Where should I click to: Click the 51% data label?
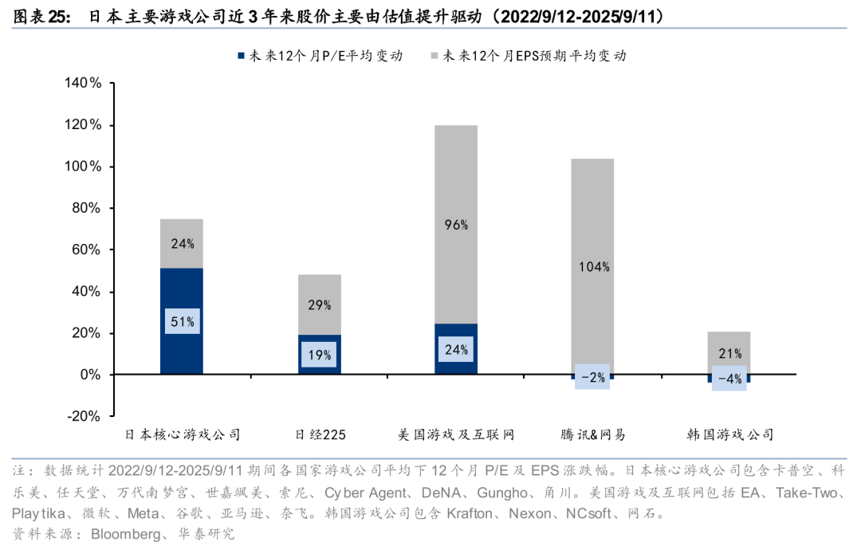click(x=182, y=322)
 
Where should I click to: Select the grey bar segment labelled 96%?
click(x=456, y=183)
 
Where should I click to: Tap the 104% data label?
click(x=593, y=267)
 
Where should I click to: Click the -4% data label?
click(x=729, y=379)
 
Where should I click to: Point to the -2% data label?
click(x=592, y=378)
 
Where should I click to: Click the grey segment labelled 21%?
click(x=729, y=343)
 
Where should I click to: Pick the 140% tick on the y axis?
click(x=84, y=84)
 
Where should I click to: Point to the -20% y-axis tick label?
click(x=84, y=416)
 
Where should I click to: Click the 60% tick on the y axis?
click(x=86, y=249)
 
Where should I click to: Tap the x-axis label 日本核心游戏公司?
click(x=183, y=435)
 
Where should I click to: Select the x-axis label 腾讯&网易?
click(x=592, y=435)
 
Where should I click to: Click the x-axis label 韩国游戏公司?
click(x=729, y=435)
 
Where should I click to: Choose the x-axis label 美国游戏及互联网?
click(x=456, y=435)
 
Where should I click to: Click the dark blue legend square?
click(x=240, y=56)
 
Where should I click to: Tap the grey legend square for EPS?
click(x=434, y=56)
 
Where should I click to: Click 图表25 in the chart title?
click(x=37, y=16)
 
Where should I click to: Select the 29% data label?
click(x=319, y=304)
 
